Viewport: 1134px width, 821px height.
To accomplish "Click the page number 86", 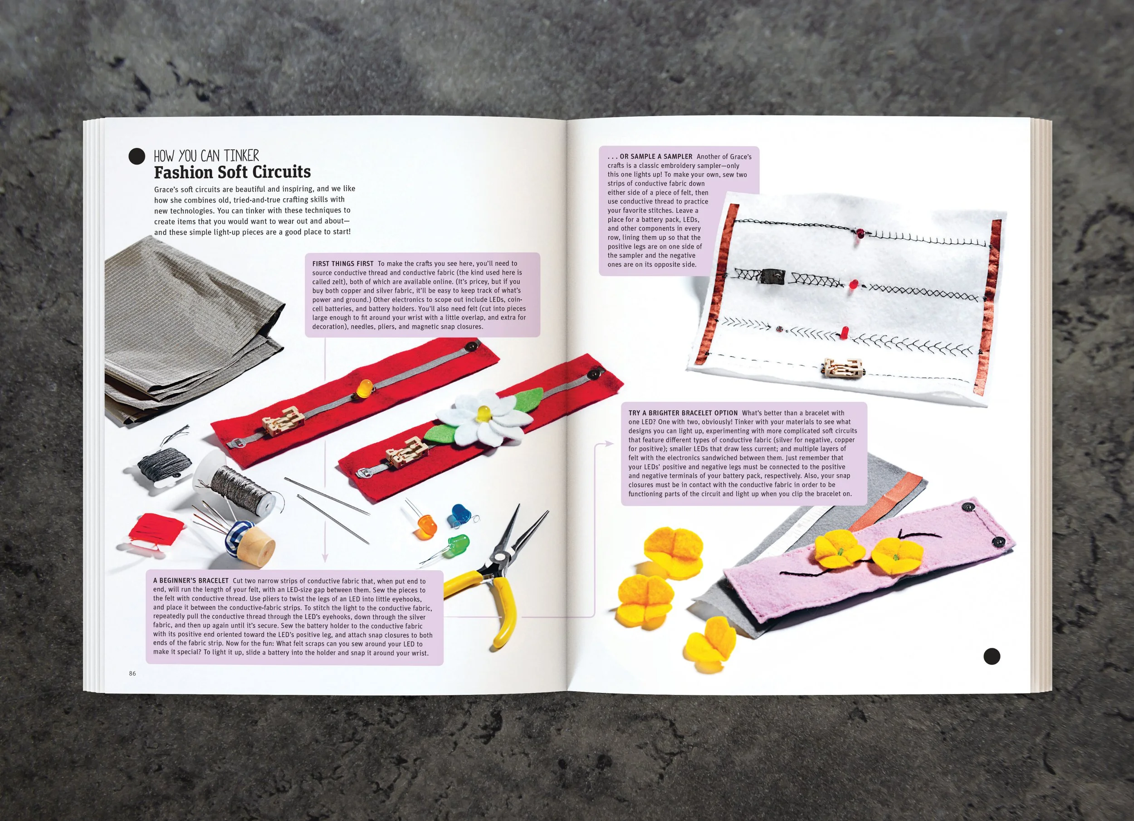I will click(132, 674).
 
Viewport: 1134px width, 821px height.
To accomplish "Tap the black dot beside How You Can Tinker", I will click(137, 156).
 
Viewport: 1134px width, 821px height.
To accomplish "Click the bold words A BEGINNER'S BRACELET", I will click(191, 581).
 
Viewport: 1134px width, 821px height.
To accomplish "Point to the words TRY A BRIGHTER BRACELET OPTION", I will click(683, 413).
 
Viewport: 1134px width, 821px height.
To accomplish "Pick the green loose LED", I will click(456, 542).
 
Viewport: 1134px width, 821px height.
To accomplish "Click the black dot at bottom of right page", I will click(992, 656).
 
